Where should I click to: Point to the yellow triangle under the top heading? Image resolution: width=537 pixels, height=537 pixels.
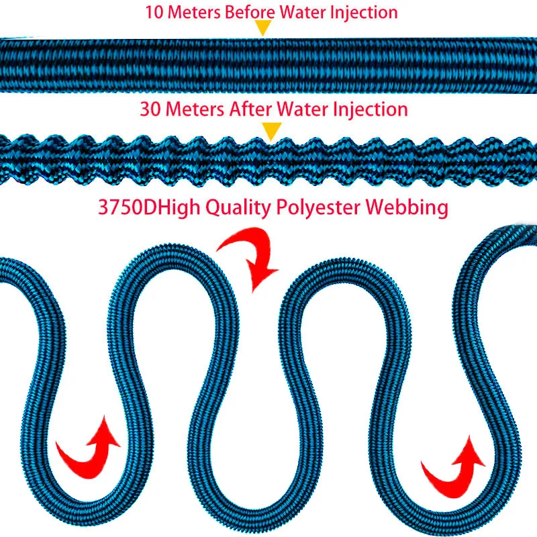pyautogui.click(x=264, y=28)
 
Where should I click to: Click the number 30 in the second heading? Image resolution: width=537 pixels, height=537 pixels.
pyautogui.click(x=150, y=109)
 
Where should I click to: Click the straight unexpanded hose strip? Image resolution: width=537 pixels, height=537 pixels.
pyautogui.click(x=268, y=65)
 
